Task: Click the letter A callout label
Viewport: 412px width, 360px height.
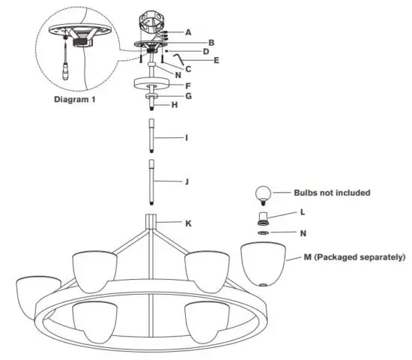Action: [188, 32]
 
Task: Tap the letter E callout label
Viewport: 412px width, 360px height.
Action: [216, 59]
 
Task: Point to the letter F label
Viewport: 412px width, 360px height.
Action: [188, 85]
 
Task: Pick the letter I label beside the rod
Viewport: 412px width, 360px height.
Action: [188, 139]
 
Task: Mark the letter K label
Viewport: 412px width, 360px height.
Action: [189, 223]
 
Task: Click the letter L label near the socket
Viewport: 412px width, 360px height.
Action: [302, 212]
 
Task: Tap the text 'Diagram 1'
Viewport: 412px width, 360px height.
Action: [76, 98]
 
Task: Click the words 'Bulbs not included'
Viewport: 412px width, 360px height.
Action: [332, 193]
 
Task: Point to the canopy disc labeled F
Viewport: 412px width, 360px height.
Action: [152, 85]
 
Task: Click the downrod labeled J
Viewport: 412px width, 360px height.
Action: [152, 182]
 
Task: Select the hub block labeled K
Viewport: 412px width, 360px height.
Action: [152, 221]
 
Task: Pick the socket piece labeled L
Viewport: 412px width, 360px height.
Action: [262, 218]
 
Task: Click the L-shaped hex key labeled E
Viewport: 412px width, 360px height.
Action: [178, 57]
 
